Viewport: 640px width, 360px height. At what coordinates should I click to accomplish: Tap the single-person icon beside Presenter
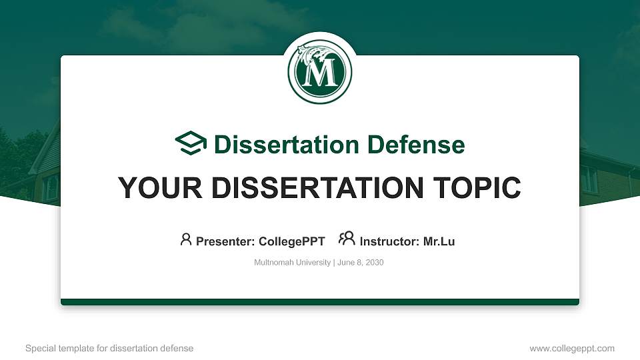pyautogui.click(x=186, y=239)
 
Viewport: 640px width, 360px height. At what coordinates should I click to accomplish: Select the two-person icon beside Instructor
pyautogui.click(x=347, y=239)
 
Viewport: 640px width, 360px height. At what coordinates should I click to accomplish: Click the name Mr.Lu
pyautogui.click(x=439, y=241)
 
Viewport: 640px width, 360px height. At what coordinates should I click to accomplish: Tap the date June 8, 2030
pyautogui.click(x=361, y=263)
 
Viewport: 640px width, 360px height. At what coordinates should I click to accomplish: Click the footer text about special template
pyautogui.click(x=109, y=348)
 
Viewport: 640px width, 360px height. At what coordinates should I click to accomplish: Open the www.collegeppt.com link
pyautogui.click(x=572, y=348)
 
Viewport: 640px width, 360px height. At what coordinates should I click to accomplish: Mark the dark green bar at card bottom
pyautogui.click(x=320, y=302)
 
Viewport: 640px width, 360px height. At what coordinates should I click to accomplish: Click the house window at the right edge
pyautogui.click(x=589, y=179)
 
